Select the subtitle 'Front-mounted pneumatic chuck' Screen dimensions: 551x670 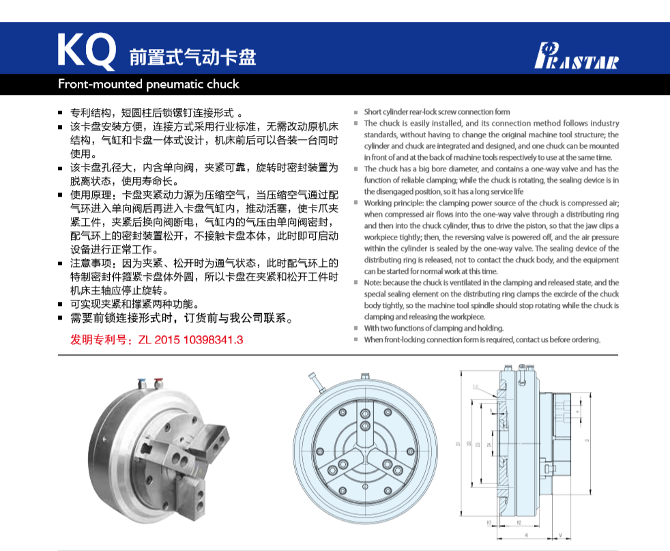[149, 85]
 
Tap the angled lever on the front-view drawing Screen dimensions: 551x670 [316, 384]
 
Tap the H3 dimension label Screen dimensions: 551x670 [490, 523]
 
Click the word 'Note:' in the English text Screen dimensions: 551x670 [373, 283]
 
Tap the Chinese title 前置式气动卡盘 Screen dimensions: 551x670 [193, 57]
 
